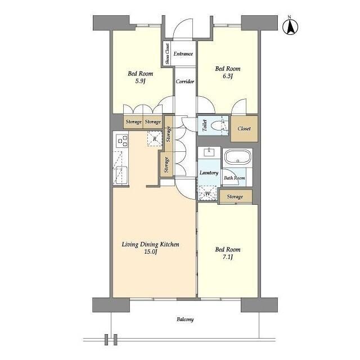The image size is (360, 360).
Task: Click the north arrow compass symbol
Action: tap(290, 26)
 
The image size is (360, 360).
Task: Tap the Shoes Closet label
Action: tap(168, 54)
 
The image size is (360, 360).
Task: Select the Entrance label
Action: tap(183, 54)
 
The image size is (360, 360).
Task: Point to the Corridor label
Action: tap(185, 81)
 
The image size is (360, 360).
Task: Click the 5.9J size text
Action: tap(140, 81)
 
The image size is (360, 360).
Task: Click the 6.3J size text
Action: tap(227, 76)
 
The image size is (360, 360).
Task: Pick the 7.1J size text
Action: tap(227, 257)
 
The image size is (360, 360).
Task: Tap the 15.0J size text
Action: tap(150, 251)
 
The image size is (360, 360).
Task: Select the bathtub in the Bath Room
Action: tap(237, 157)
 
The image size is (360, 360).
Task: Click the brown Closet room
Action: tap(244, 129)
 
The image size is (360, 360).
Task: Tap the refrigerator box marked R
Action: tap(155, 138)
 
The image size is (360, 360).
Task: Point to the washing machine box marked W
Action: tap(208, 193)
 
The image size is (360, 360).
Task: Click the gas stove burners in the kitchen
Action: tap(121, 141)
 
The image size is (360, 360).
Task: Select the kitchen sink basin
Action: tap(121, 175)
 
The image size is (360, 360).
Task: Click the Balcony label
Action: tap(185, 319)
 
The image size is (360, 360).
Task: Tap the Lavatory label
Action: tap(209, 173)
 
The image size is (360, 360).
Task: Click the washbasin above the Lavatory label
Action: tap(209, 152)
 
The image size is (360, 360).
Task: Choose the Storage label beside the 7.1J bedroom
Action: tap(235, 196)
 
